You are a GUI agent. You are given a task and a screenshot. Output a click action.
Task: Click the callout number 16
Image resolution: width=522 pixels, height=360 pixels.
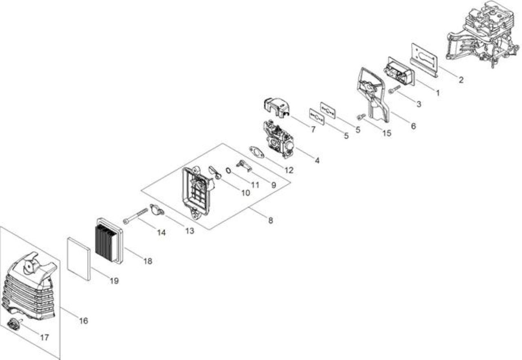84,321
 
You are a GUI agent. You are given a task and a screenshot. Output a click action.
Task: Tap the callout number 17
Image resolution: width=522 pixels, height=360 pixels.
44,338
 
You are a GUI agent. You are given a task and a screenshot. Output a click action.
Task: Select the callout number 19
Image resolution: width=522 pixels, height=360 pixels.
114,281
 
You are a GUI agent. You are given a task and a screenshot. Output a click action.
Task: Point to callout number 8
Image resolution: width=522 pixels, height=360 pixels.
270,220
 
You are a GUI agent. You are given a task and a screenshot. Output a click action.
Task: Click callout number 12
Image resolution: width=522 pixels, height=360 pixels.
289,170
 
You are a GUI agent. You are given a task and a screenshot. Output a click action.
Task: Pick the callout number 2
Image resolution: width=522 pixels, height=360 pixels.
461,80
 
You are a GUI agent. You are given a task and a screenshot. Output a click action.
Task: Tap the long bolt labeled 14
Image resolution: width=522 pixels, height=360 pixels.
136,216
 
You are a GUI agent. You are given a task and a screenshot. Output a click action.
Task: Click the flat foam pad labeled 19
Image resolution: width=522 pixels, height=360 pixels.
79,259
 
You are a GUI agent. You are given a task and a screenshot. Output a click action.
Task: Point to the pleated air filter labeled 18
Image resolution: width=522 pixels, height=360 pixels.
109,241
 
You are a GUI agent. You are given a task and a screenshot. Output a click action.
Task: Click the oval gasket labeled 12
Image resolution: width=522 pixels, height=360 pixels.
257,152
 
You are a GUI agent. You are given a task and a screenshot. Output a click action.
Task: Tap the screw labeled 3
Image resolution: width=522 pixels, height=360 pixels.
394,89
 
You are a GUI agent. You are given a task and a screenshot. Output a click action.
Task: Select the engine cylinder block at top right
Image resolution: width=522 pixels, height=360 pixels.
482,35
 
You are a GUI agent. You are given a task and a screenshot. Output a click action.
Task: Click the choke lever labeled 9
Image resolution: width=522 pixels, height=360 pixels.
244,166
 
